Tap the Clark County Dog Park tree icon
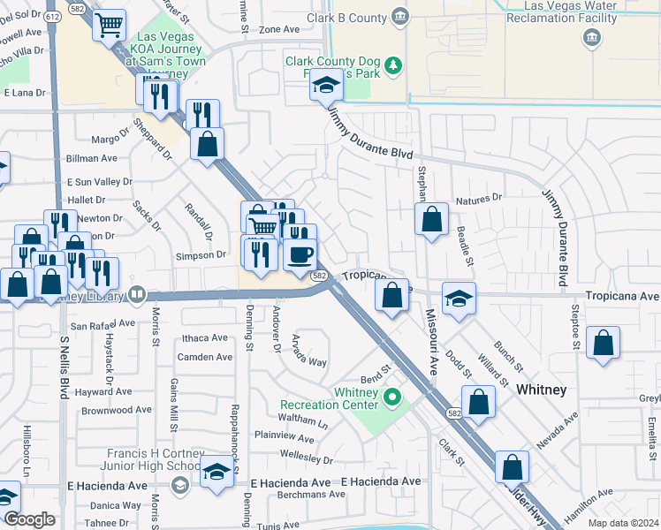pos(396,64)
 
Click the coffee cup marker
pos(300,255)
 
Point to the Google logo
pos(29,519)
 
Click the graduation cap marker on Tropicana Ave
pos(459,300)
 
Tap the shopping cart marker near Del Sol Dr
pos(109,27)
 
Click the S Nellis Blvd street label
pos(65,367)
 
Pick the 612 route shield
pos(53,16)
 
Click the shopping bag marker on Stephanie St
pos(431,219)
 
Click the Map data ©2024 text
pos(622,523)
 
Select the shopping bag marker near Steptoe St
pos(602,344)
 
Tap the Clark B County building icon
pos(400,17)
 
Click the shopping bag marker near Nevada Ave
pos(478,402)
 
